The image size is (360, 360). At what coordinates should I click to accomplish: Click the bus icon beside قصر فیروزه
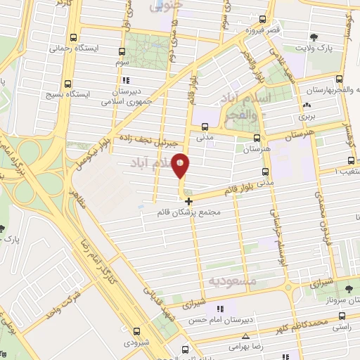(x=263, y=19)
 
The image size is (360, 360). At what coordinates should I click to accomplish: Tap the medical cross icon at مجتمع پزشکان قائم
(x=188, y=201)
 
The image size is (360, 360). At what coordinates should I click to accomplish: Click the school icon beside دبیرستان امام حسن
(x=220, y=308)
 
